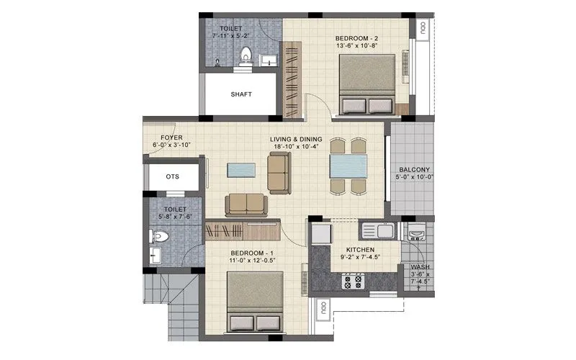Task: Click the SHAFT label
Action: click(240, 94)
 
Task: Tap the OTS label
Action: click(172, 176)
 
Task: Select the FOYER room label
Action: click(171, 137)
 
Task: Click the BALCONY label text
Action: click(414, 170)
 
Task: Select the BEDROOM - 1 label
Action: click(252, 253)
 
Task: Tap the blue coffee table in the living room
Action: click(240, 170)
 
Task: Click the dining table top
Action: click(348, 166)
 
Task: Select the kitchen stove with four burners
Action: click(353, 280)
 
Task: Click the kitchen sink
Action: click(377, 231)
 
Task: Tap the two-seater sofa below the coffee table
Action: click(246, 204)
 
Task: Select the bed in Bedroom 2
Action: click(366, 85)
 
